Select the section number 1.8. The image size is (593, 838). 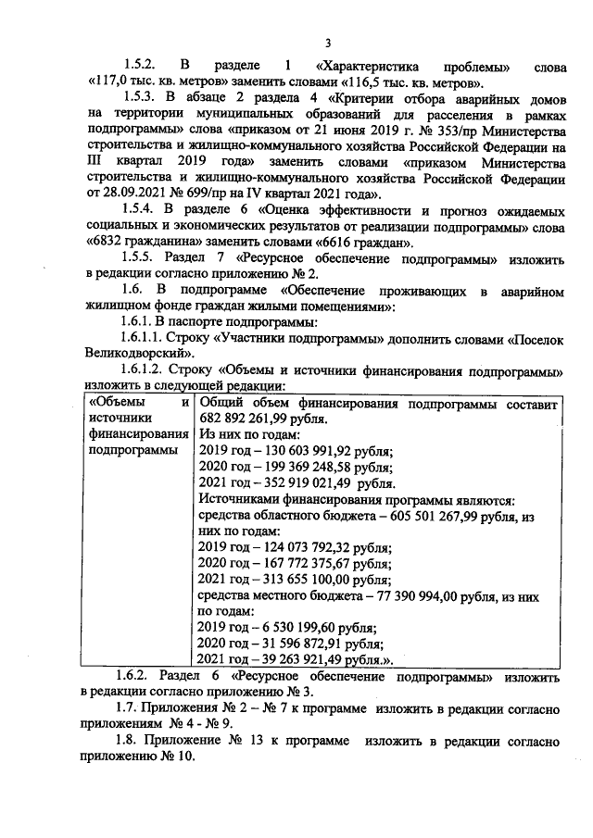(128, 742)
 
